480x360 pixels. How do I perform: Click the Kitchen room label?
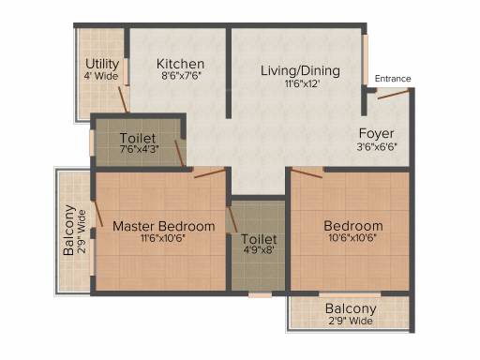pyautogui.click(x=180, y=64)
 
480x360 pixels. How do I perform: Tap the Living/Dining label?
pyautogui.click(x=300, y=70)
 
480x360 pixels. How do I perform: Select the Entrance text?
pyautogui.click(x=393, y=79)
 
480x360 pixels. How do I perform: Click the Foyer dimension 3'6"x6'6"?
pyautogui.click(x=377, y=146)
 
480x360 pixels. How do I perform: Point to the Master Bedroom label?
pyautogui.click(x=164, y=226)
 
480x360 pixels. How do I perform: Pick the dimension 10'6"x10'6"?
pyautogui.click(x=352, y=238)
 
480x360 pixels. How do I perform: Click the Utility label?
pyautogui.click(x=102, y=64)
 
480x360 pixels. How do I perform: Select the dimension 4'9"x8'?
pyautogui.click(x=259, y=250)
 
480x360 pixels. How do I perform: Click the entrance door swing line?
pyautogui.click(x=393, y=94)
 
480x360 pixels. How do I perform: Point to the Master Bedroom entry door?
pyautogui.click(x=210, y=173)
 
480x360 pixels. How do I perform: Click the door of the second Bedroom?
pyautogui.click(x=307, y=172)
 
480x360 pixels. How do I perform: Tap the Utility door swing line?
pyautogui.click(x=123, y=99)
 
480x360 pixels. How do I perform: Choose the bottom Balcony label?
pyautogui.click(x=351, y=308)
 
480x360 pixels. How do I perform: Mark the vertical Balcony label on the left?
pyautogui.click(x=69, y=230)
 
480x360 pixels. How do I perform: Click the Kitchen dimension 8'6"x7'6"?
pyautogui.click(x=181, y=76)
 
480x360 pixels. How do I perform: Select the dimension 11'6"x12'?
pyautogui.click(x=302, y=83)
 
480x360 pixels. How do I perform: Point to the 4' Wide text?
pyautogui.click(x=101, y=76)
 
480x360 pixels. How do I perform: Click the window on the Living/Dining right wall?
pyautogui.click(x=365, y=59)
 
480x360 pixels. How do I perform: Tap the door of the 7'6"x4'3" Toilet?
pyautogui.click(x=179, y=154)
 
